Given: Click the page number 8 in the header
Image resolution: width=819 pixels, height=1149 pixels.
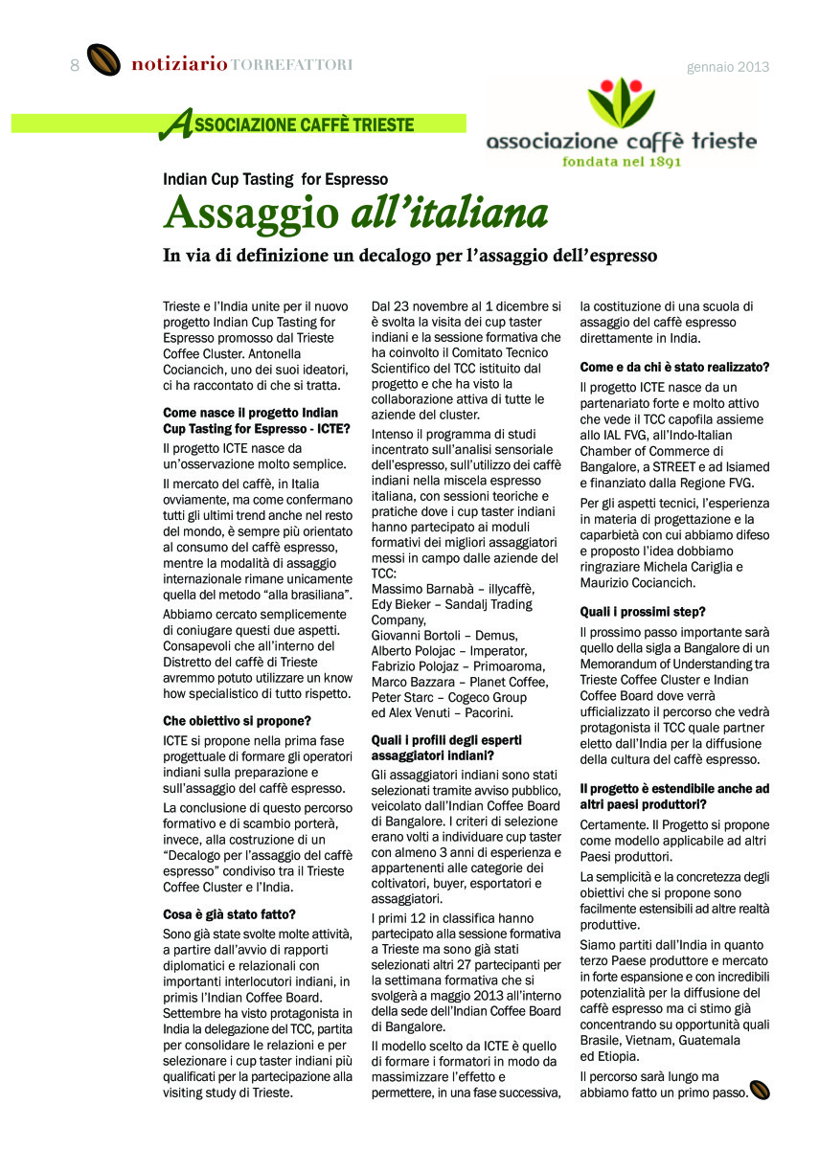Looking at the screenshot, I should pos(74,65).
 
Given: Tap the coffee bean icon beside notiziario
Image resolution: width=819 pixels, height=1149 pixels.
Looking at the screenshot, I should pos(103,61).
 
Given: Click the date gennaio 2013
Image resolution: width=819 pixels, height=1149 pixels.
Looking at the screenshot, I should pos(728,67).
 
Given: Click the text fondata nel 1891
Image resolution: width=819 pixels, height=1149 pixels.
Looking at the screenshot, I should pos(622,162).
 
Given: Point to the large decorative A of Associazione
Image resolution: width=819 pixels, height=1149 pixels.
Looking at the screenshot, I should pos(174,124).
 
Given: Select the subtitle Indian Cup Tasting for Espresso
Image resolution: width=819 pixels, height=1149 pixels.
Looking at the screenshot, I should pos(275,179).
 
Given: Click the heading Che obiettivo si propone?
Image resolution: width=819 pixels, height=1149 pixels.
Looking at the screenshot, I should pos(237,719).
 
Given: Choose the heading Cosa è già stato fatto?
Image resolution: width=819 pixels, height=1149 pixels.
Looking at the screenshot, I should pos(229,913).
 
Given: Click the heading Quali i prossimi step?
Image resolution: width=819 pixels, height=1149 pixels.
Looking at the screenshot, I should pos(643,611).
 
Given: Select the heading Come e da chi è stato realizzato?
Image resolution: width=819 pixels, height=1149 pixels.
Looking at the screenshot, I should pos(675,367).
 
